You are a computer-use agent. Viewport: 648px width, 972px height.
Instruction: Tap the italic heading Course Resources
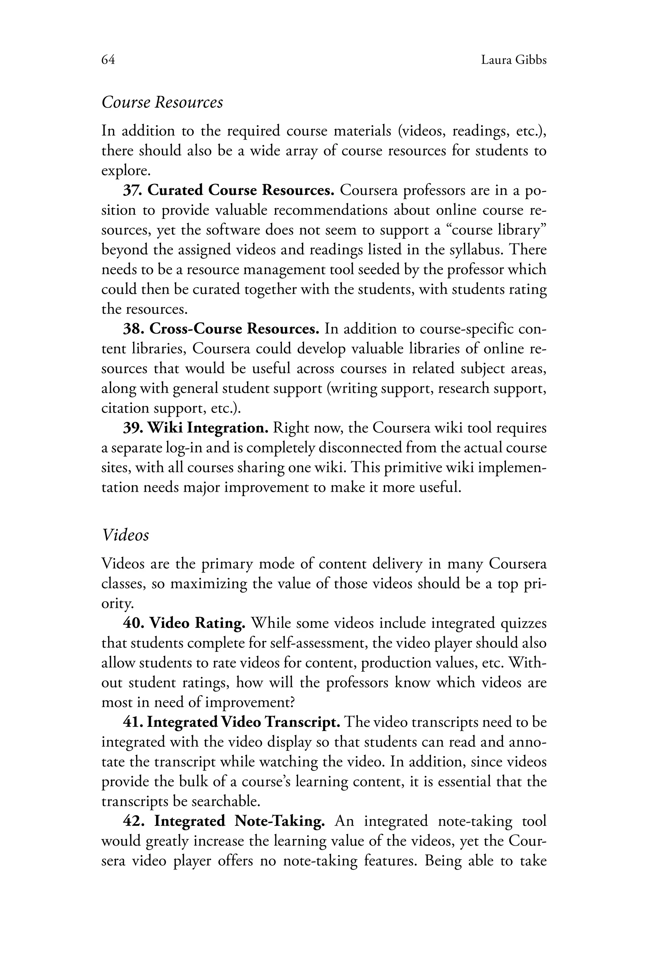(x=162, y=102)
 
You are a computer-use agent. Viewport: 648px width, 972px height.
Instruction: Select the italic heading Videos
(x=125, y=535)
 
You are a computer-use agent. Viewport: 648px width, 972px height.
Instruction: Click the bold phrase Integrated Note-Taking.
(x=239, y=821)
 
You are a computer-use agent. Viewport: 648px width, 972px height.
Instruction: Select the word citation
(x=125, y=408)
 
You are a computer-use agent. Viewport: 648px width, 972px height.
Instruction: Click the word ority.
(x=117, y=604)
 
